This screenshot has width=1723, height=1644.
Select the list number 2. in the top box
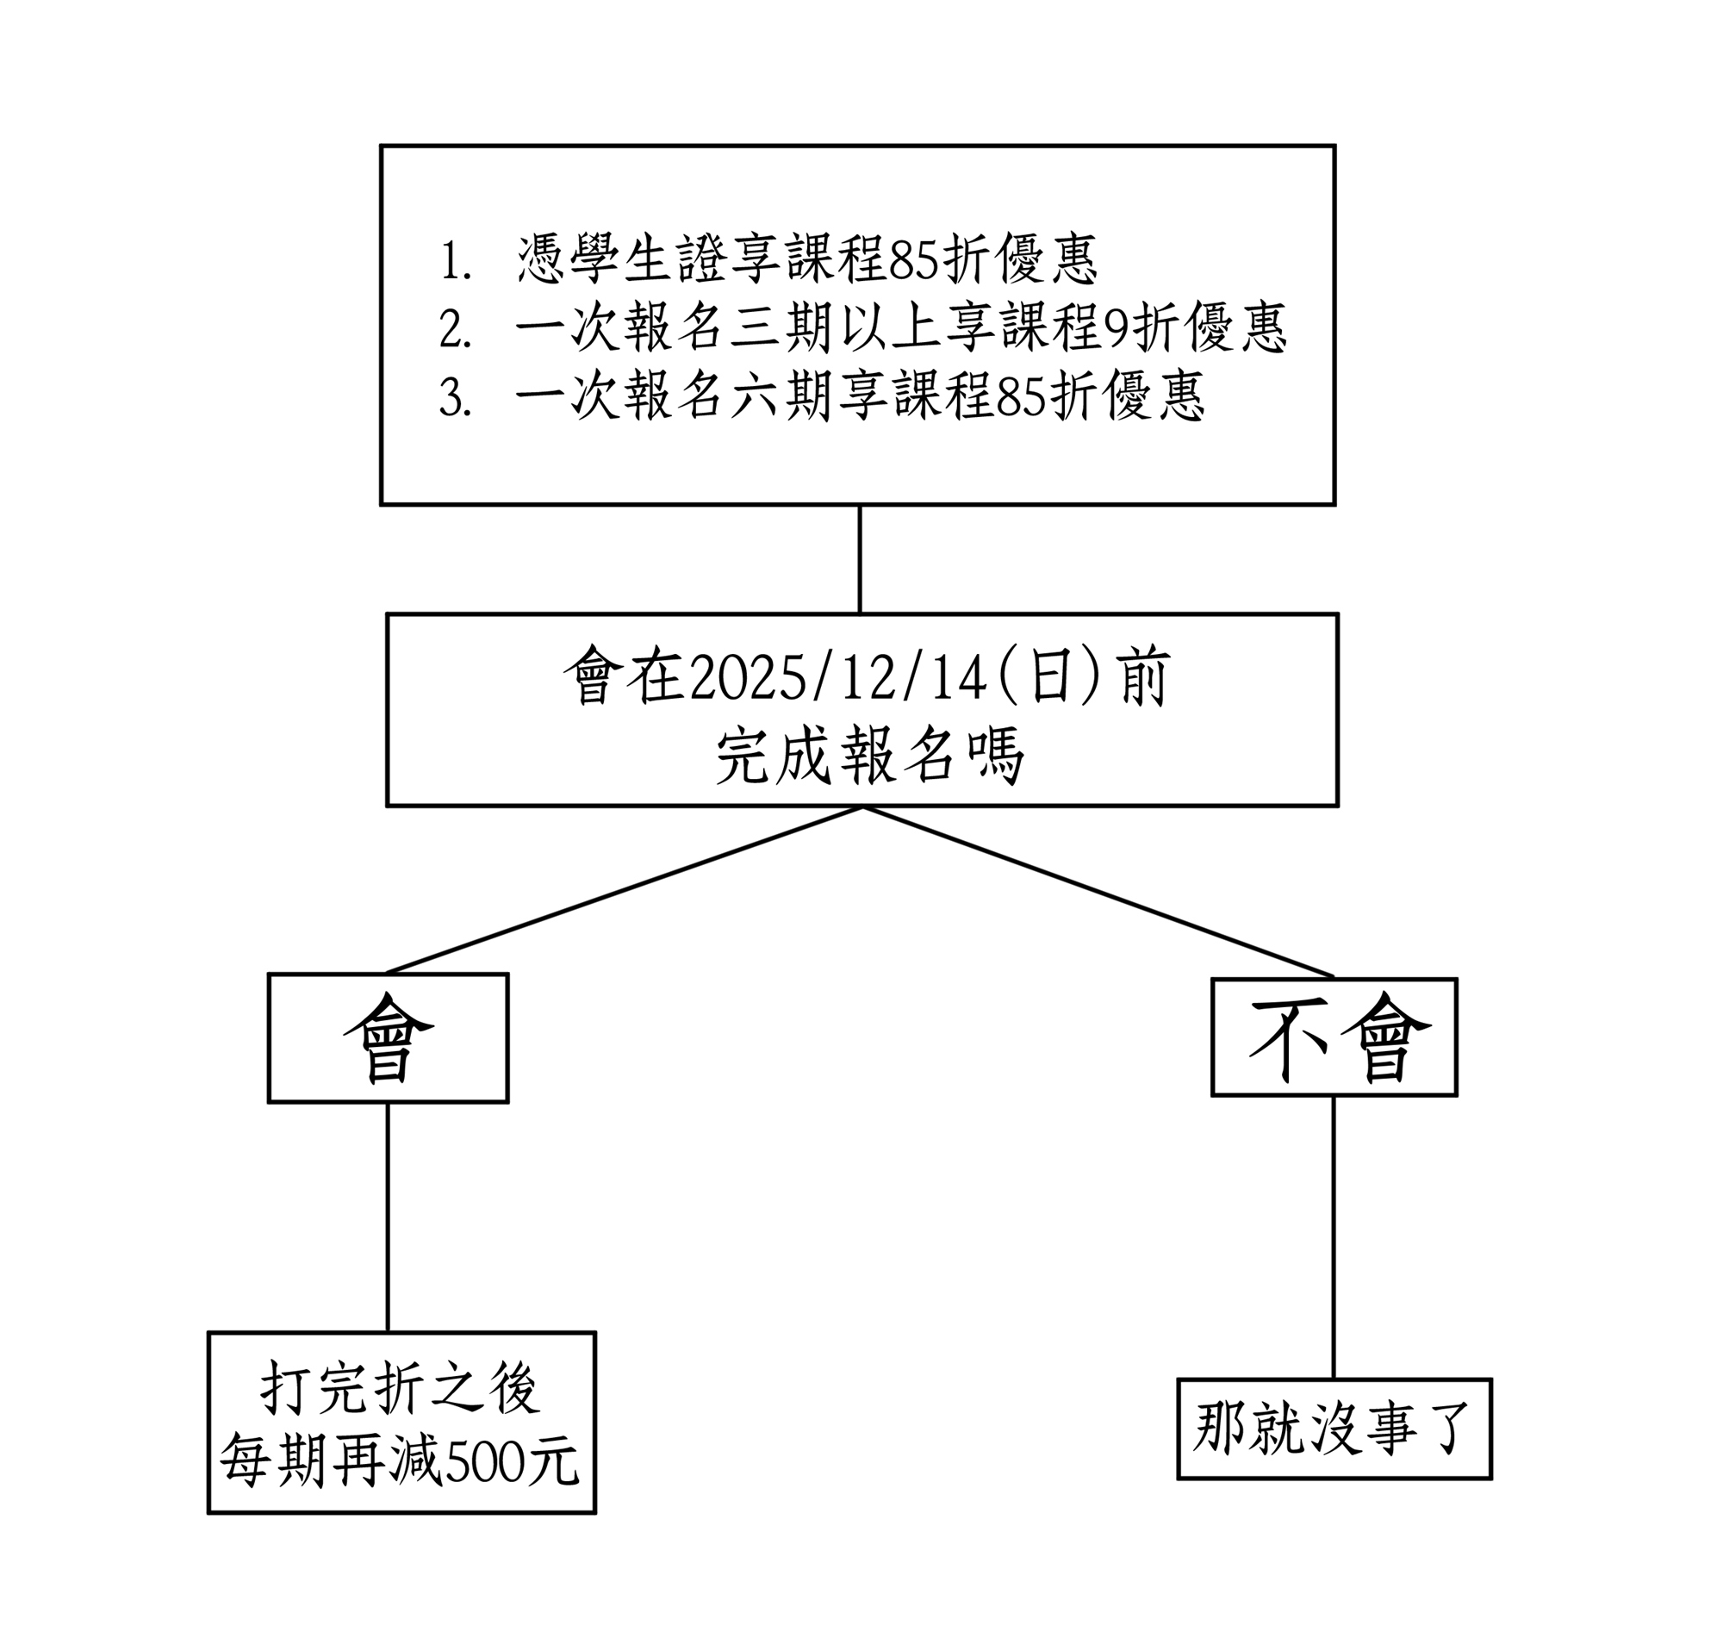455,329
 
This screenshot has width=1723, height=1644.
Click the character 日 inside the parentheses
1053,677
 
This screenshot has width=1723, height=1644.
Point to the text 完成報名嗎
869,756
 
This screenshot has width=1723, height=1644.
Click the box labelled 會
388,1037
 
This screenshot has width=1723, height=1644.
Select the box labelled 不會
1334,1037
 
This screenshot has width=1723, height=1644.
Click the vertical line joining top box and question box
859,559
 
